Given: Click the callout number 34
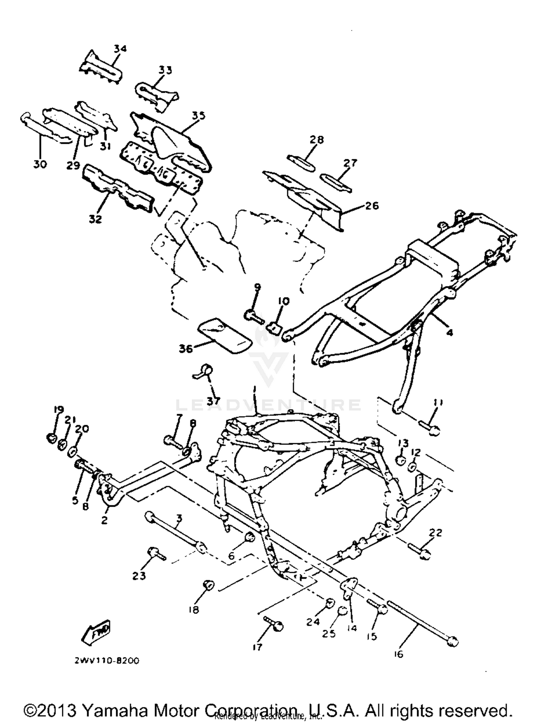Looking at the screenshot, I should click(120, 48).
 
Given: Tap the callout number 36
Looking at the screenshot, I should click(186, 348).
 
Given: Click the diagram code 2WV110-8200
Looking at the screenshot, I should click(107, 661).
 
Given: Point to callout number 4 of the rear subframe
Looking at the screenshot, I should click(450, 333).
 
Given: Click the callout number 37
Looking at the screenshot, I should click(213, 400).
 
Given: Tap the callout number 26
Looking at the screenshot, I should click(372, 206).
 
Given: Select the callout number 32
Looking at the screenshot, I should click(95, 219).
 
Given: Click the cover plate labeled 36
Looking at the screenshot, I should click(225, 335).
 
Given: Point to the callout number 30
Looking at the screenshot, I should click(40, 165).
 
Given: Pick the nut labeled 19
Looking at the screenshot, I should click(52, 438).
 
